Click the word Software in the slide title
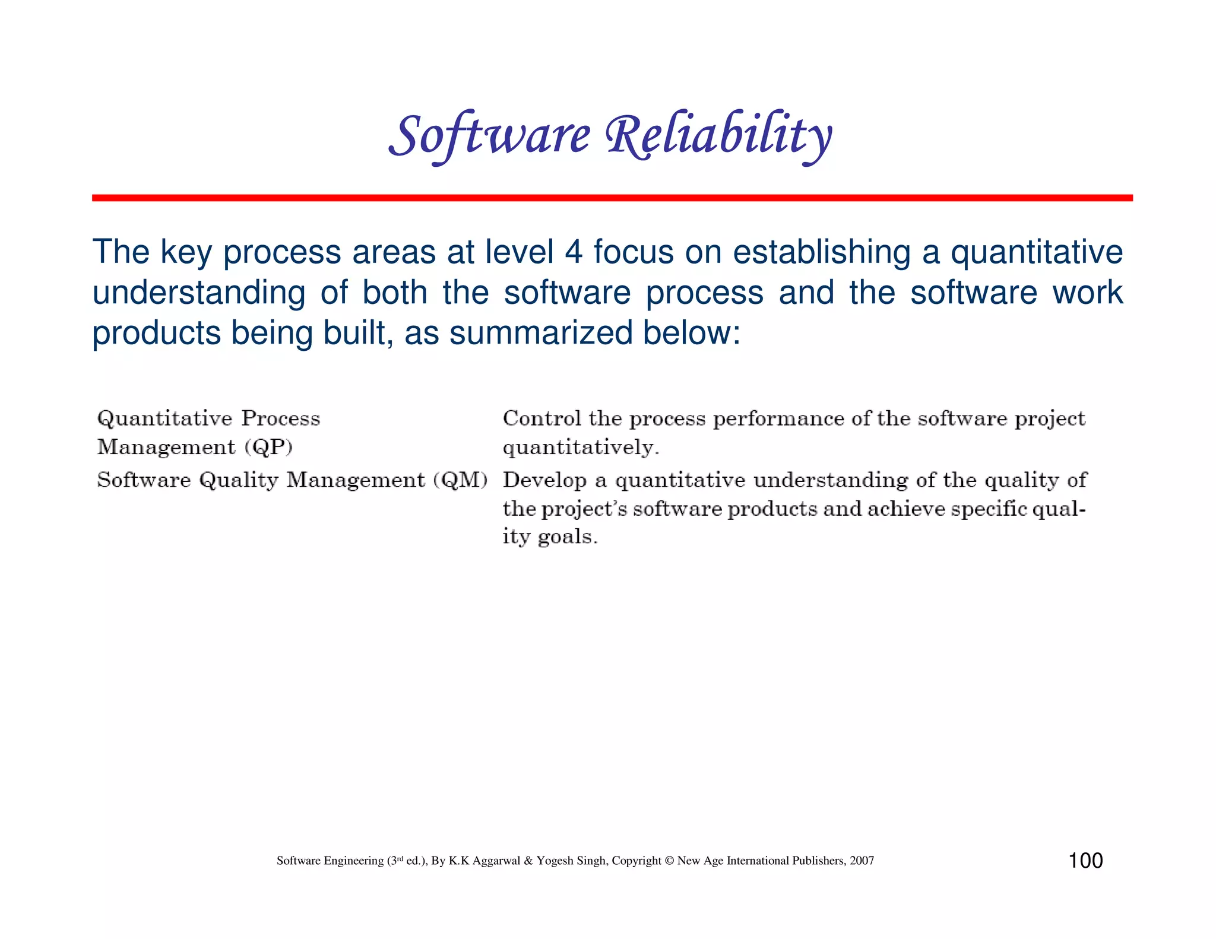tap(490, 135)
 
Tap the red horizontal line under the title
tap(612, 198)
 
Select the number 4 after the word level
tap(573, 252)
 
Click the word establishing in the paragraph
tap(821, 252)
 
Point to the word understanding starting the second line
tap(199, 293)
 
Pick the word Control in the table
tap(541, 418)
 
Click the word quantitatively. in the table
tap(581, 448)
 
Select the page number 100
tap(1085, 861)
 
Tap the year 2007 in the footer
tap(862, 861)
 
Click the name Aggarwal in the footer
tap(496, 861)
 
